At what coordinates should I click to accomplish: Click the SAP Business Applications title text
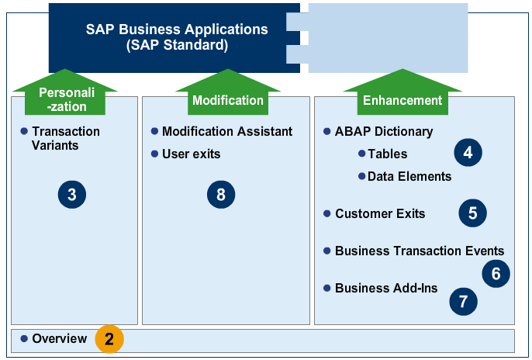pos(177,36)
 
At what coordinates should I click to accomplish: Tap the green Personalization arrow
pos(64,98)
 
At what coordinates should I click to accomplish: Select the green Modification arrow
pos(227,98)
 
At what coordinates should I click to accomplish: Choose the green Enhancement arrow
pos(402,98)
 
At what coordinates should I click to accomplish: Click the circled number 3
pos(71,194)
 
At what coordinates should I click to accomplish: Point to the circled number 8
pos(221,194)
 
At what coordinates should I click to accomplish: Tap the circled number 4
pos(468,153)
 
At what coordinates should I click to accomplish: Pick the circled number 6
pos(496,273)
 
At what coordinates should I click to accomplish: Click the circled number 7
pos(463,301)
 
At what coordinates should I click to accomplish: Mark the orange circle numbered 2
pos(109,339)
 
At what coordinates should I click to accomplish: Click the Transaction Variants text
pos(65,138)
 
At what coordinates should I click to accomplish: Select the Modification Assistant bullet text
pos(226,131)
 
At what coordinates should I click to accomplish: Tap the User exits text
pos(191,154)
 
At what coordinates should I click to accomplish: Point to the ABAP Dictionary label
pos(383,131)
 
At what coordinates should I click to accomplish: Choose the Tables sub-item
pos(387,154)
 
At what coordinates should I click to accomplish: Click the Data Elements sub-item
pos(409,176)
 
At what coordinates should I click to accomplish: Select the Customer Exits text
pos(379,213)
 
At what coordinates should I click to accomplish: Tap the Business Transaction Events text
pos(419,251)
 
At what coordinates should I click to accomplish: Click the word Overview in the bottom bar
pos(59,339)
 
